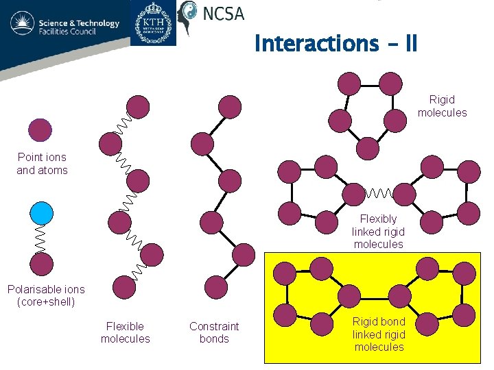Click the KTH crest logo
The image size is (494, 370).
(x=153, y=23)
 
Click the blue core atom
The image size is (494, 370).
(x=41, y=213)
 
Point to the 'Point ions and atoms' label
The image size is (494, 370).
(x=43, y=164)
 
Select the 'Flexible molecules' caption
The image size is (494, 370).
(x=125, y=332)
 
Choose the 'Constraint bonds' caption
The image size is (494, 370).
(x=214, y=332)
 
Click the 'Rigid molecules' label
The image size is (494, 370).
(x=443, y=106)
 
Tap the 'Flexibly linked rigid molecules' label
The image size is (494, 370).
(x=378, y=232)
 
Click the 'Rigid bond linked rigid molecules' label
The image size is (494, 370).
(x=379, y=334)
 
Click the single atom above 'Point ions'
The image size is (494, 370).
(x=40, y=129)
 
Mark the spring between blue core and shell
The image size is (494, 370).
(x=41, y=238)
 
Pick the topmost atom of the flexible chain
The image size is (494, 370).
(x=138, y=106)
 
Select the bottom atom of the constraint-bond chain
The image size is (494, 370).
(x=217, y=287)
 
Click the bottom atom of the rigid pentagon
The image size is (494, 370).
(x=367, y=149)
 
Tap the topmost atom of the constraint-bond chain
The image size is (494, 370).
(x=230, y=106)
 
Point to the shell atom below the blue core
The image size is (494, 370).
(x=41, y=263)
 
